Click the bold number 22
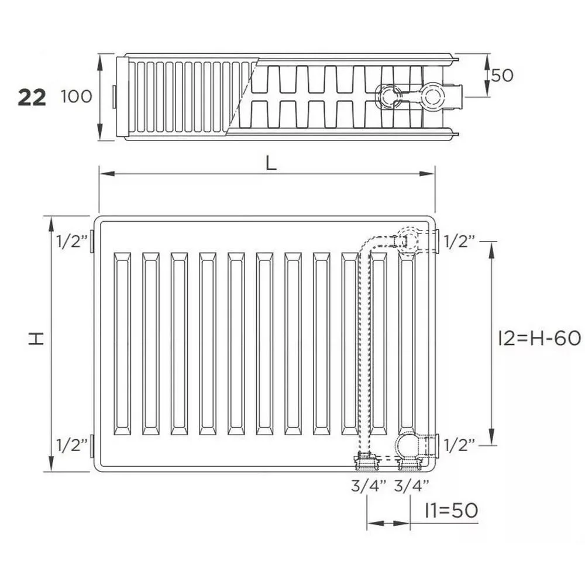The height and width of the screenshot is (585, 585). (x=32, y=97)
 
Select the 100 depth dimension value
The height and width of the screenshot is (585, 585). (x=77, y=97)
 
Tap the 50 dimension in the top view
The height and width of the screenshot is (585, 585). (x=502, y=75)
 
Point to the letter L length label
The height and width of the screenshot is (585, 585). (x=271, y=163)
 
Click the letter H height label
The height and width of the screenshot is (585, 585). (x=36, y=338)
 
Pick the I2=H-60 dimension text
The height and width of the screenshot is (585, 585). (x=539, y=338)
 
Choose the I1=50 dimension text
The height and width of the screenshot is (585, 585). (x=452, y=510)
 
